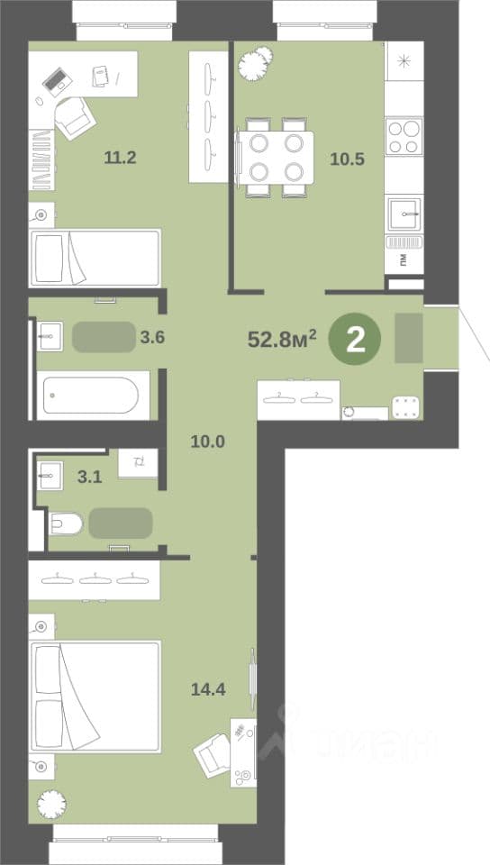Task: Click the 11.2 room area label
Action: (x=120, y=158)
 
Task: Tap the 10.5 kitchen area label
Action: (x=348, y=159)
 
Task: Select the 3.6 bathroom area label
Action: (x=152, y=337)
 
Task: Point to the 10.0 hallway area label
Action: (x=208, y=442)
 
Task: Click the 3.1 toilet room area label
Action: (x=89, y=477)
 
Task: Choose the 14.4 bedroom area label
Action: (x=208, y=689)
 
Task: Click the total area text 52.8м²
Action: (x=282, y=339)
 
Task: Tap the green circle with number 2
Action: (x=355, y=340)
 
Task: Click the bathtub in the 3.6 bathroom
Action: (x=93, y=395)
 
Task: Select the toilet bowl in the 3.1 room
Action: (x=66, y=524)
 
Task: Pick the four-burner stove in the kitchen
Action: (x=404, y=136)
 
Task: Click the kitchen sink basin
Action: (x=404, y=214)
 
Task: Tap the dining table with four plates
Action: (x=276, y=157)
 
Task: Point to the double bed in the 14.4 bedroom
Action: (x=95, y=697)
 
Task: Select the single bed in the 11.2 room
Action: (x=95, y=258)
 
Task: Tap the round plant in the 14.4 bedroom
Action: (x=51, y=804)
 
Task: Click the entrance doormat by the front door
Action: (x=408, y=338)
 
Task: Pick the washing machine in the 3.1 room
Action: (x=138, y=463)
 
